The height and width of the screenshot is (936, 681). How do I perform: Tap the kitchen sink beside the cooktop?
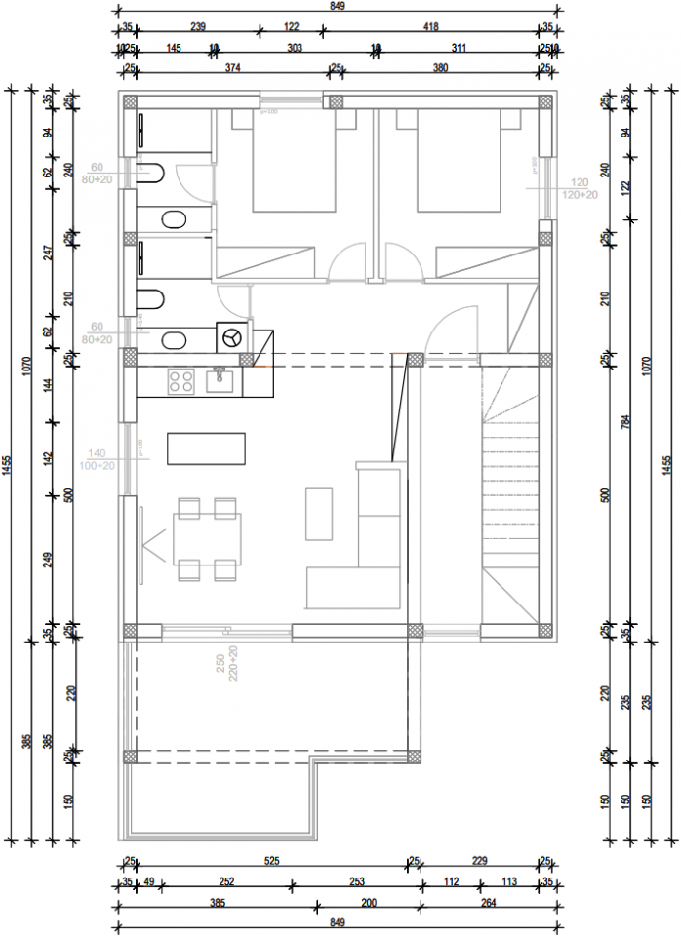point(220,380)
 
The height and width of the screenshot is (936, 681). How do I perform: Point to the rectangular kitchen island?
point(207,449)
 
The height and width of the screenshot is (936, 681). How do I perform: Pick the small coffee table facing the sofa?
point(319,514)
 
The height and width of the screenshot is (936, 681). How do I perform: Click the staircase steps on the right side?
point(509,487)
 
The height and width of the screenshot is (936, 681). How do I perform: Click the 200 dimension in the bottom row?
point(369,904)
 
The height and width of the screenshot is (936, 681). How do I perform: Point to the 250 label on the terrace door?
point(221,664)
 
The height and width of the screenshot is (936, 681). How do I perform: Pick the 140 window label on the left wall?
point(96,453)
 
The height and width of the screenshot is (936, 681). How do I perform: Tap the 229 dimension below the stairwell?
point(478,860)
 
